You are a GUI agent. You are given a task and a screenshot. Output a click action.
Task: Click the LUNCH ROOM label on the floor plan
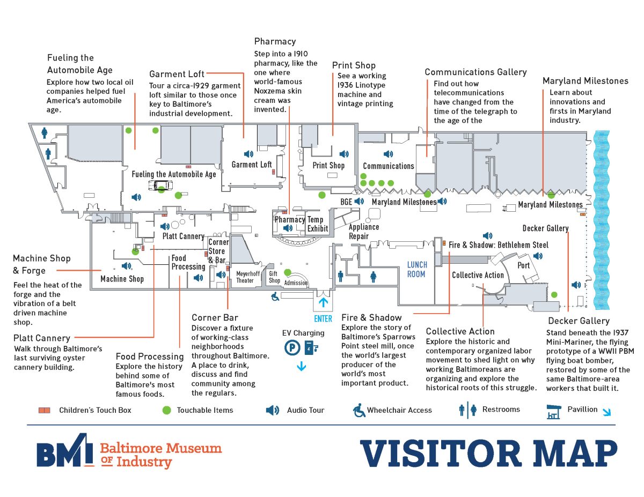click(x=416, y=269)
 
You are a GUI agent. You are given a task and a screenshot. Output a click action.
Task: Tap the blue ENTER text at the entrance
click(x=323, y=318)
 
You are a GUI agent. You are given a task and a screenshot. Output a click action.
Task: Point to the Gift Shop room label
click(x=274, y=277)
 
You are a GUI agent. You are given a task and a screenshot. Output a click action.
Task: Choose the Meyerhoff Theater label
click(x=245, y=277)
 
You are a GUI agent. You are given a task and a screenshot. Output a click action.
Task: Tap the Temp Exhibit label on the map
click(x=316, y=224)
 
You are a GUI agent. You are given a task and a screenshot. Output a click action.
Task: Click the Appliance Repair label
click(x=363, y=231)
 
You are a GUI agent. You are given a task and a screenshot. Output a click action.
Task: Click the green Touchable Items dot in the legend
click(x=166, y=410)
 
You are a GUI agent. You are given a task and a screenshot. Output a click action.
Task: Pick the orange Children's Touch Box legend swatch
click(x=44, y=410)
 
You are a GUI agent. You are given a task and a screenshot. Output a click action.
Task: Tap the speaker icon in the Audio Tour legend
click(x=273, y=410)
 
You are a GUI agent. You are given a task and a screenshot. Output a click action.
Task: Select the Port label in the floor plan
click(x=523, y=265)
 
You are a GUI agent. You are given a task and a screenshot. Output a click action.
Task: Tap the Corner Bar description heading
click(x=215, y=317)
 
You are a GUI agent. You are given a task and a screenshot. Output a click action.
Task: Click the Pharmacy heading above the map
click(x=275, y=41)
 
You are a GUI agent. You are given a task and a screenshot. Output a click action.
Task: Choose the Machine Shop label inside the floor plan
click(x=122, y=279)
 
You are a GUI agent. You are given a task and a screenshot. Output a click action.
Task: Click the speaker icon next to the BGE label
click(x=359, y=202)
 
